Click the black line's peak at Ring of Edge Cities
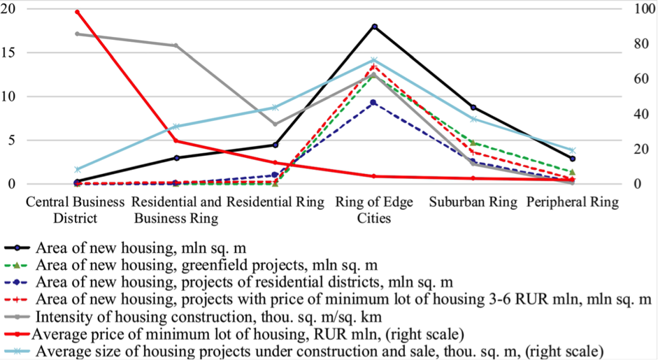374,27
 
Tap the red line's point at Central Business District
77,13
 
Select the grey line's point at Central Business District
77,34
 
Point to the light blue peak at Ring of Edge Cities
374,60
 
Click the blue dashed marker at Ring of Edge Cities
374,103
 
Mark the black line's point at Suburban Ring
473,108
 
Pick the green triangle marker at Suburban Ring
473,143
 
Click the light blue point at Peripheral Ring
572,150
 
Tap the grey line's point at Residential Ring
275,124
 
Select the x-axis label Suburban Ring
473,203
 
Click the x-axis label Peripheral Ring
573,203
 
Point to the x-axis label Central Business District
76,210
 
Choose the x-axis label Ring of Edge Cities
374,210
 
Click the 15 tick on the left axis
12,52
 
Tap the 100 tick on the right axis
638,9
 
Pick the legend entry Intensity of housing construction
217,317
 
